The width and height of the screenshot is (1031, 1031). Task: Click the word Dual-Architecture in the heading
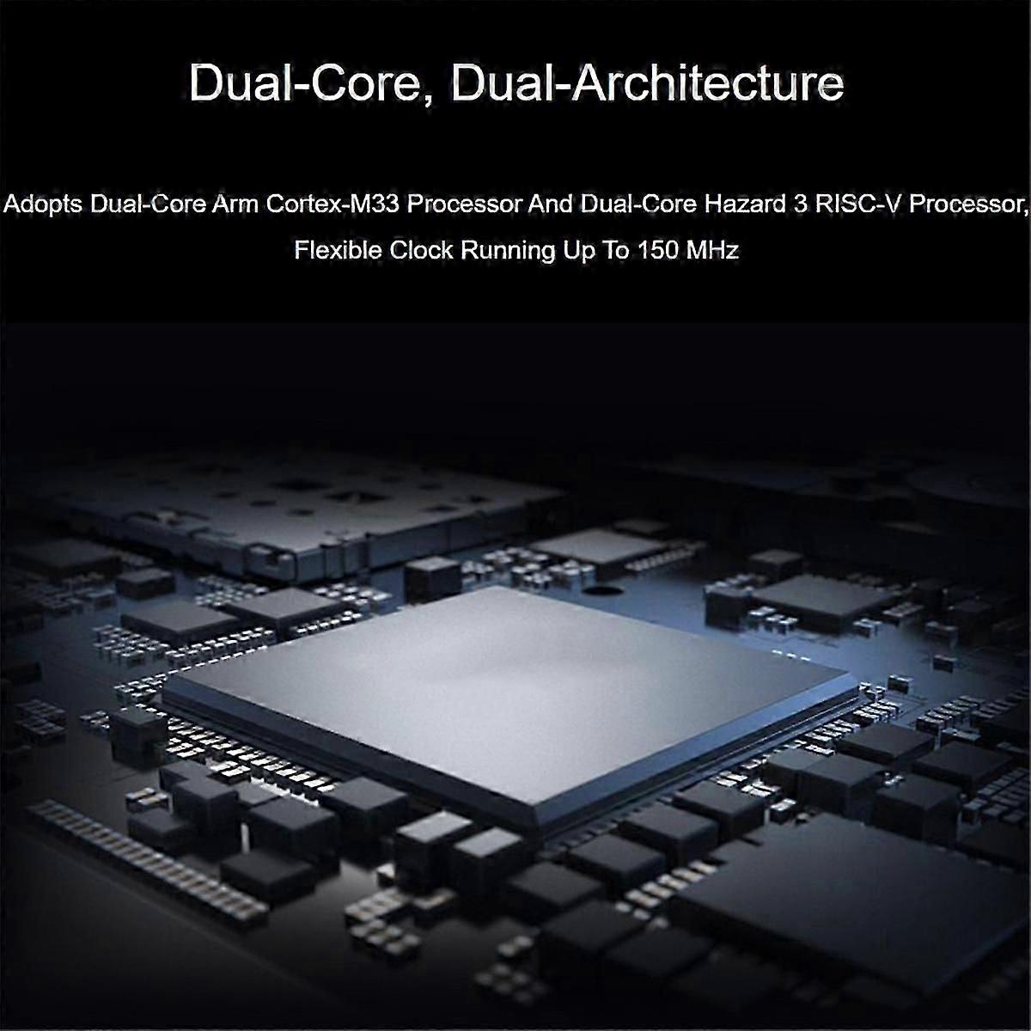pyautogui.click(x=648, y=83)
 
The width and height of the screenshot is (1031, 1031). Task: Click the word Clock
pyautogui.click(x=421, y=250)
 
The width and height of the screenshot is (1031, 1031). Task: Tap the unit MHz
pyautogui.click(x=712, y=250)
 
